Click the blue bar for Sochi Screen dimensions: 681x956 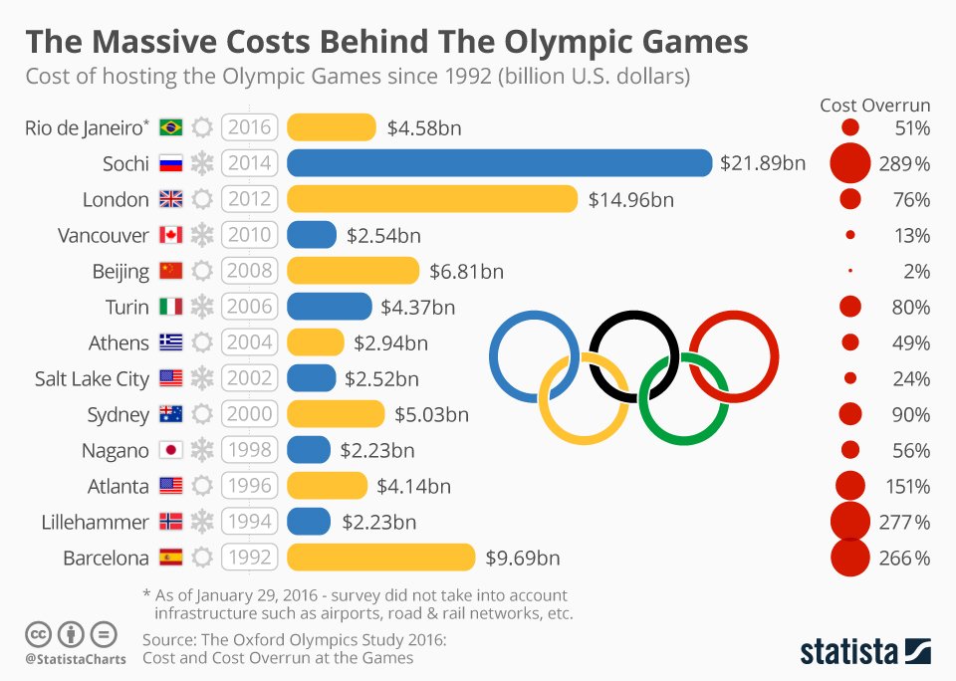point(499,163)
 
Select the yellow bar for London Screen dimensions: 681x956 point(432,199)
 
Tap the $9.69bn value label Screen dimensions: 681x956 point(522,558)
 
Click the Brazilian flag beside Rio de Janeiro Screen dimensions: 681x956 point(171,127)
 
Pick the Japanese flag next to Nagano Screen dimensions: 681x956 point(171,450)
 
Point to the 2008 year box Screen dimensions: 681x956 point(249,271)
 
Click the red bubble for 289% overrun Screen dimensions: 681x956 point(851,163)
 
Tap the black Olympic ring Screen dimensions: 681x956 point(633,355)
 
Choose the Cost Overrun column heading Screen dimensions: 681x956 point(874,105)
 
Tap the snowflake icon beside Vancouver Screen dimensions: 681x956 point(202,235)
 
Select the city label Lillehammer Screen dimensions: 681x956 point(96,522)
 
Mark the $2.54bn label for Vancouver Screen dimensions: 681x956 point(383,236)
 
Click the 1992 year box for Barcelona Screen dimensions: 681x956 point(249,558)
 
